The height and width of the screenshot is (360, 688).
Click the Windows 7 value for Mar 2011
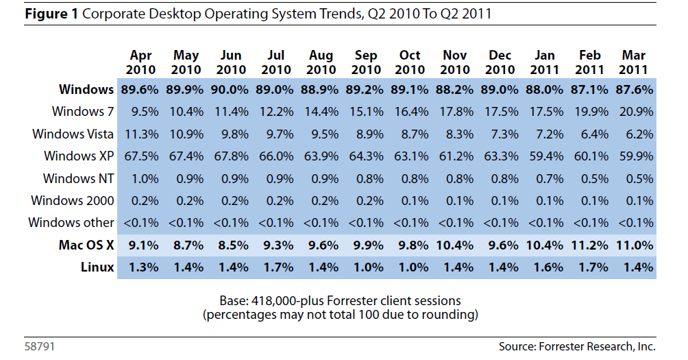[634, 111]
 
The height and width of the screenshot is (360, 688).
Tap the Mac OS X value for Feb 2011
[589, 245]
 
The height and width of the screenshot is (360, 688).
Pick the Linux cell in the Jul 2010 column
[276, 267]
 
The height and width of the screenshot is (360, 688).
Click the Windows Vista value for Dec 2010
[500, 133]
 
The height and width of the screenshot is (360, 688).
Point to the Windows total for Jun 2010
[231, 89]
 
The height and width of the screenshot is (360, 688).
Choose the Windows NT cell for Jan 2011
[545, 178]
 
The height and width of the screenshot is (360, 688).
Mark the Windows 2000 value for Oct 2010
[410, 200]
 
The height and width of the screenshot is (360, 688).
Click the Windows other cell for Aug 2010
[321, 223]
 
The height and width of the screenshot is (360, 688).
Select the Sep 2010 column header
[365, 62]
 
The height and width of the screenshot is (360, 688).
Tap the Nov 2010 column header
[455, 62]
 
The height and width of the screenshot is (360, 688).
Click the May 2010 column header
[186, 62]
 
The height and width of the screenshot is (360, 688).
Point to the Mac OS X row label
[86, 245]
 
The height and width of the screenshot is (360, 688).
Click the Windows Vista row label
[73, 133]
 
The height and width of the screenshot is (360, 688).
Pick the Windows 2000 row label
[73, 200]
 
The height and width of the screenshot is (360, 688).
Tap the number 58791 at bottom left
[40, 346]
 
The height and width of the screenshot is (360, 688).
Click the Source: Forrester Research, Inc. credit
[577, 346]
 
